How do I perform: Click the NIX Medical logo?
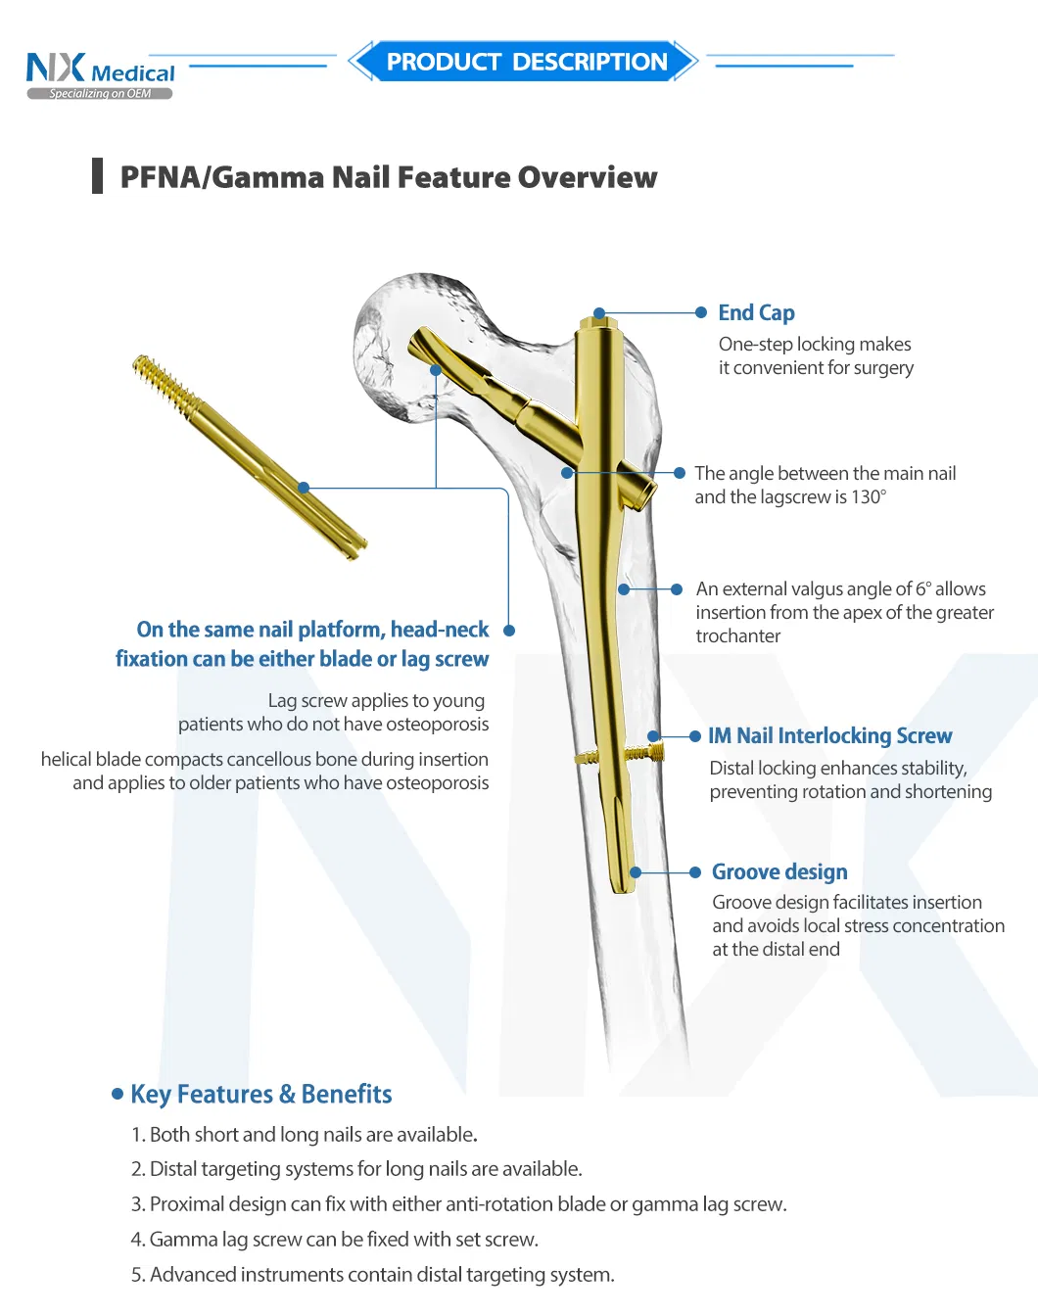100,75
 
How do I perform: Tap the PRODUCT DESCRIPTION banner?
523,61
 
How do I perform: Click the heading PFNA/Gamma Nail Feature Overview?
388,177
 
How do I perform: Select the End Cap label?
756,313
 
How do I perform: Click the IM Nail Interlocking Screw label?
829,735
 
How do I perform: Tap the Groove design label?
779,872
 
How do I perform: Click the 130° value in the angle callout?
869,496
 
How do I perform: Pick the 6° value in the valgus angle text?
923,589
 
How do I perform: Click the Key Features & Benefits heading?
261,1095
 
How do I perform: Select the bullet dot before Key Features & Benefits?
118,1094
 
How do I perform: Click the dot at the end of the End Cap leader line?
701,313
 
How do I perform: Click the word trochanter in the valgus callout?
737,636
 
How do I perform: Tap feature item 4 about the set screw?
334,1240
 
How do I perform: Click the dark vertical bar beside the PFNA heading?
97,176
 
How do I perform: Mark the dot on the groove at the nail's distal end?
636,872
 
